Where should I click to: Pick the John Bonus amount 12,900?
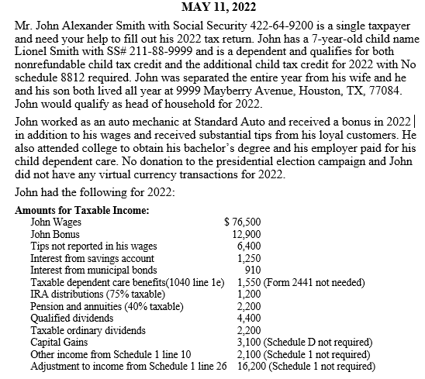click(247, 233)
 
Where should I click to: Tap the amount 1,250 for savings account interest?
click(250, 257)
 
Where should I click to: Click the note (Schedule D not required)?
click(319, 342)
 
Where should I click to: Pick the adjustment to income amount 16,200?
click(247, 366)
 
